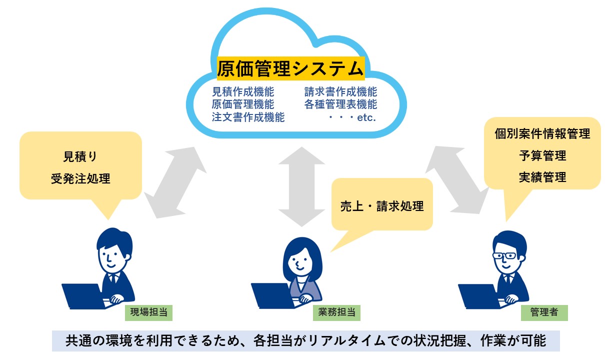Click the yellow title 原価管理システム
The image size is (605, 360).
(x=290, y=68)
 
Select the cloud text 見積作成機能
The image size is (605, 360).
(x=243, y=92)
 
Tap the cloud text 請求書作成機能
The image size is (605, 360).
(x=340, y=92)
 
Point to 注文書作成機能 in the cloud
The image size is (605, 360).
(x=248, y=117)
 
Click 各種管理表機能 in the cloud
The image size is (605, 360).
(x=340, y=104)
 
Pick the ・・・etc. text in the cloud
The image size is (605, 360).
(x=352, y=117)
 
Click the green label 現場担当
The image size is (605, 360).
(x=149, y=312)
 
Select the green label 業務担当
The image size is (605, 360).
(x=336, y=312)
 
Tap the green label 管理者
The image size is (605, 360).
(x=544, y=312)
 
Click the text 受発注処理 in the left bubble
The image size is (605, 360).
(x=81, y=178)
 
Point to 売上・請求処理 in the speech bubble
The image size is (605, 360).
(x=382, y=206)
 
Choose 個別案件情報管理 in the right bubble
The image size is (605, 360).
(x=542, y=133)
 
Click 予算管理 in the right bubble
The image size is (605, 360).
(x=542, y=156)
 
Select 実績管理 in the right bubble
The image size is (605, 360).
(x=542, y=177)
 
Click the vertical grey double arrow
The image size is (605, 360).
(x=301, y=186)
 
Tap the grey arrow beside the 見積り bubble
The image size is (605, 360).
(x=175, y=182)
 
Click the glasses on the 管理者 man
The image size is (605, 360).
(x=504, y=255)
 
